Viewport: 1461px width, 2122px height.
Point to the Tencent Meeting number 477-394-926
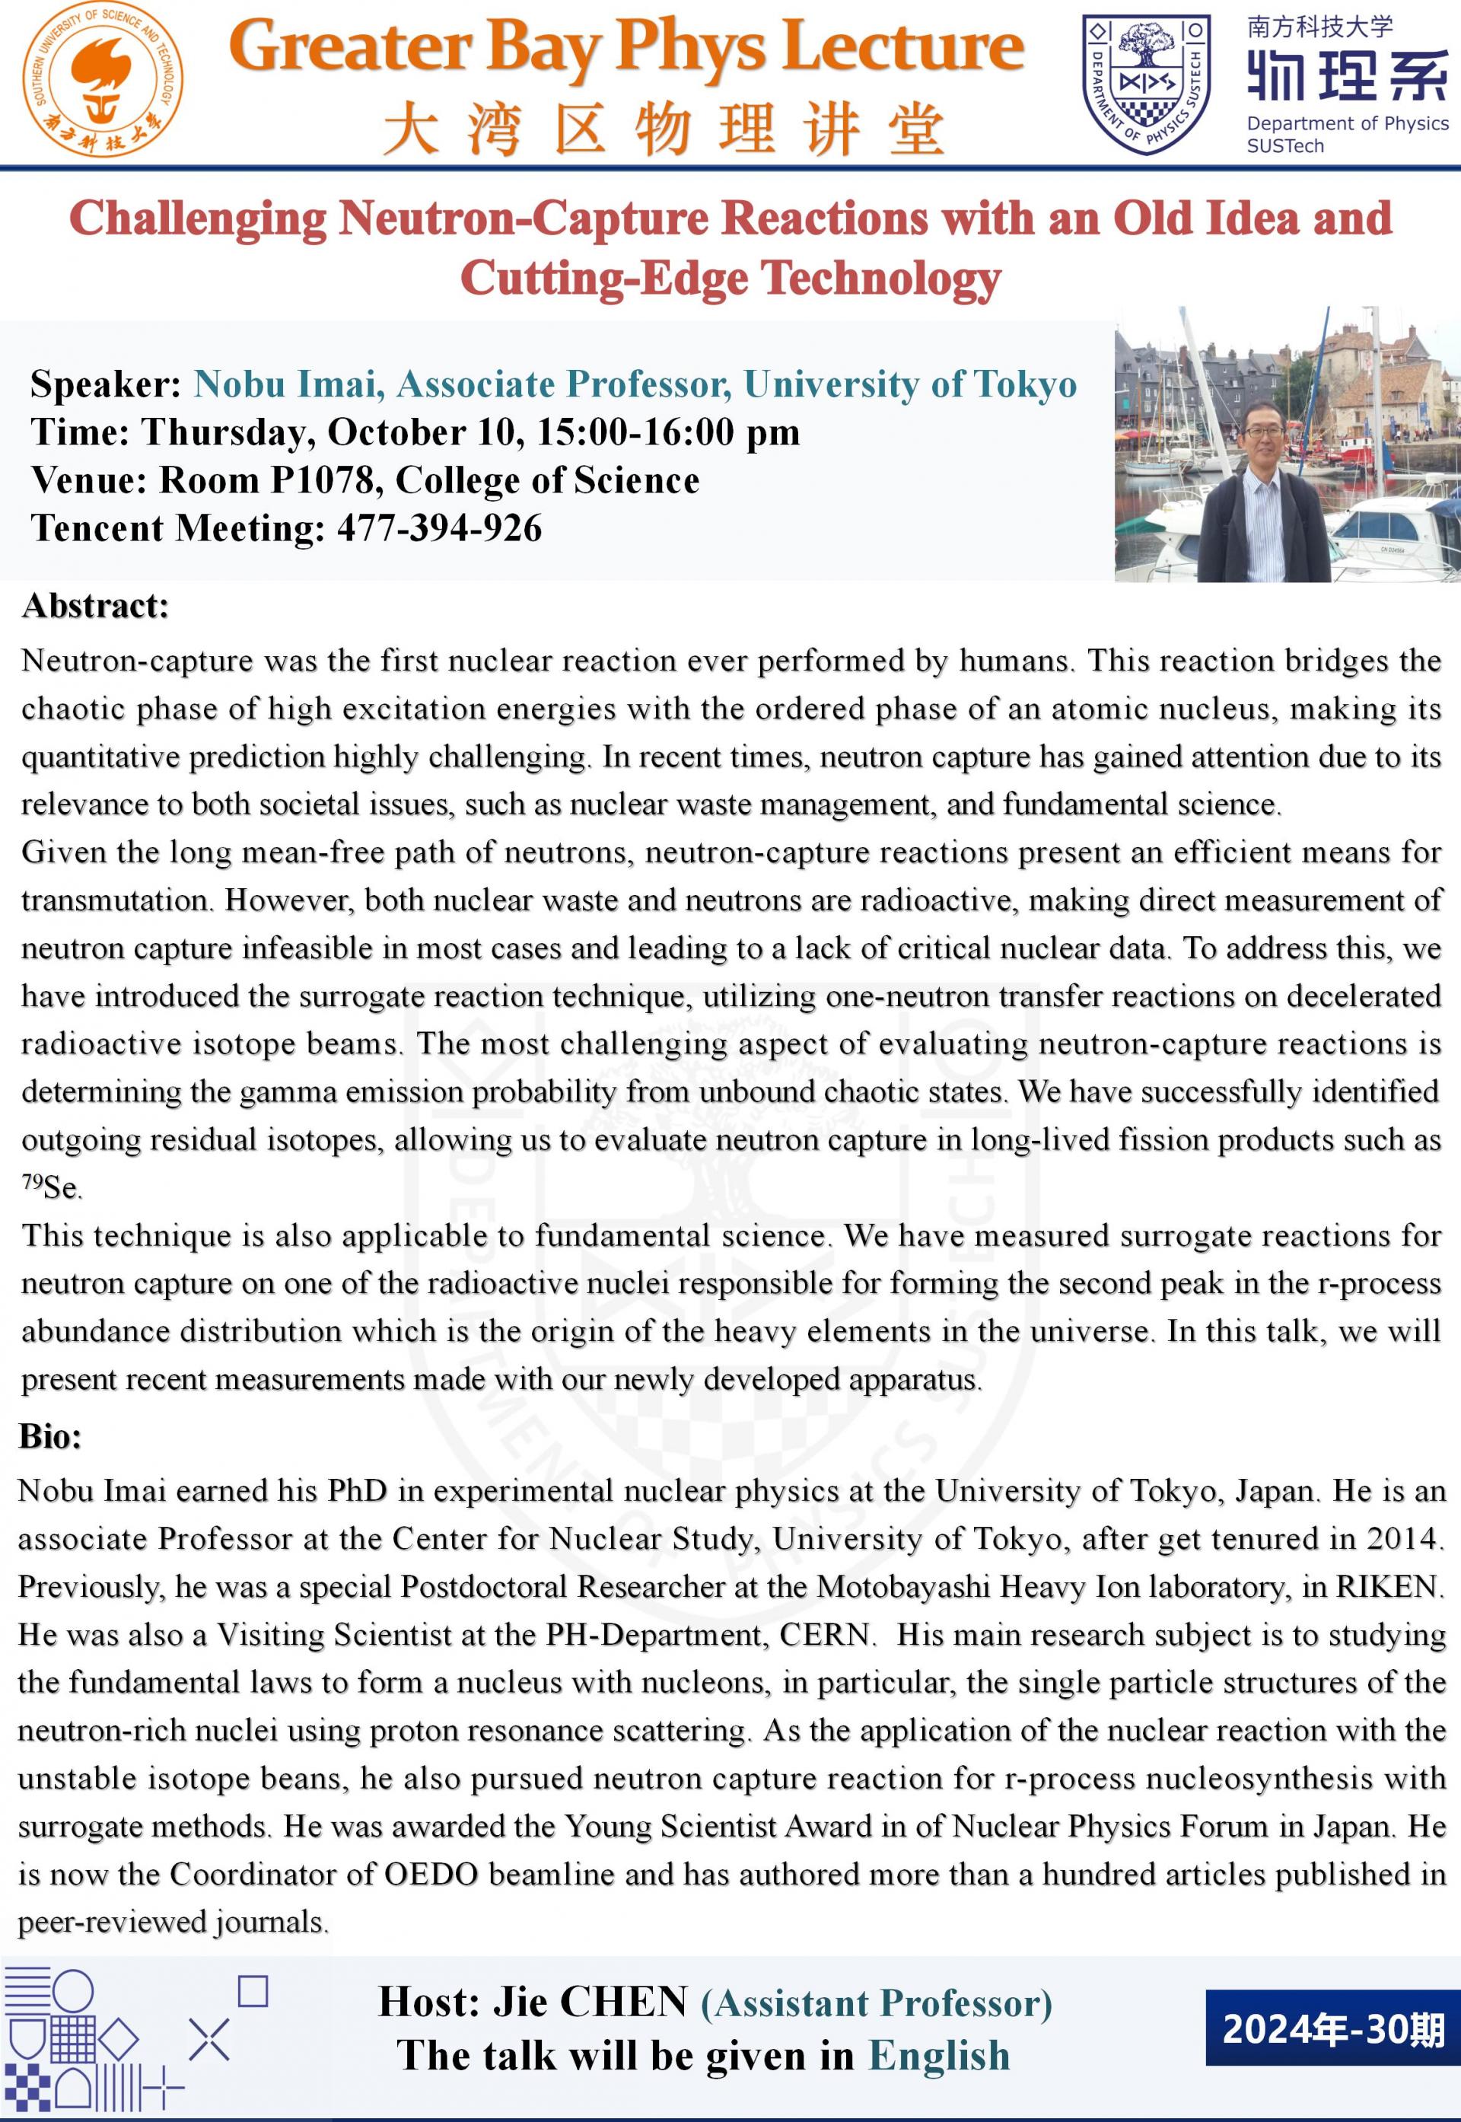point(439,528)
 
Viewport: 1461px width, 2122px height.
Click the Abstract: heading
point(95,606)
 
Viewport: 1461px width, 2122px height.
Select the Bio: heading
point(50,1436)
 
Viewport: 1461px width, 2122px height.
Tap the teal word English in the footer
point(938,2055)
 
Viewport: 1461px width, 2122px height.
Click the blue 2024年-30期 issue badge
point(1333,2028)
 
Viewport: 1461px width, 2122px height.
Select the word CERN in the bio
point(825,1634)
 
